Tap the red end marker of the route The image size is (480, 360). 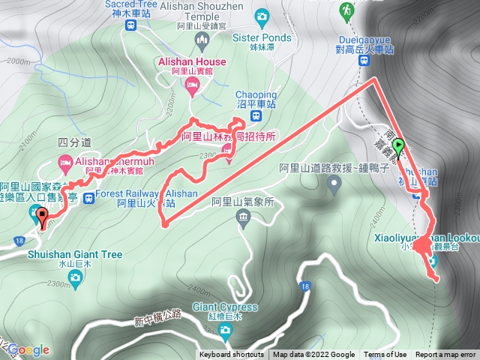[x=42, y=218]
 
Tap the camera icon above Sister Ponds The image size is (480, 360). [x=262, y=15]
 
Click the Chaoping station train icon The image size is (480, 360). [x=256, y=116]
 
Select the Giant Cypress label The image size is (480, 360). [x=225, y=307]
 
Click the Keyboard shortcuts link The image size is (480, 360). [x=232, y=355]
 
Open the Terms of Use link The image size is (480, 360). [x=385, y=355]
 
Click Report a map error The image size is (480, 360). [x=445, y=355]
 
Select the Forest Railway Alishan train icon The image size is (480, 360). [x=88, y=199]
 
